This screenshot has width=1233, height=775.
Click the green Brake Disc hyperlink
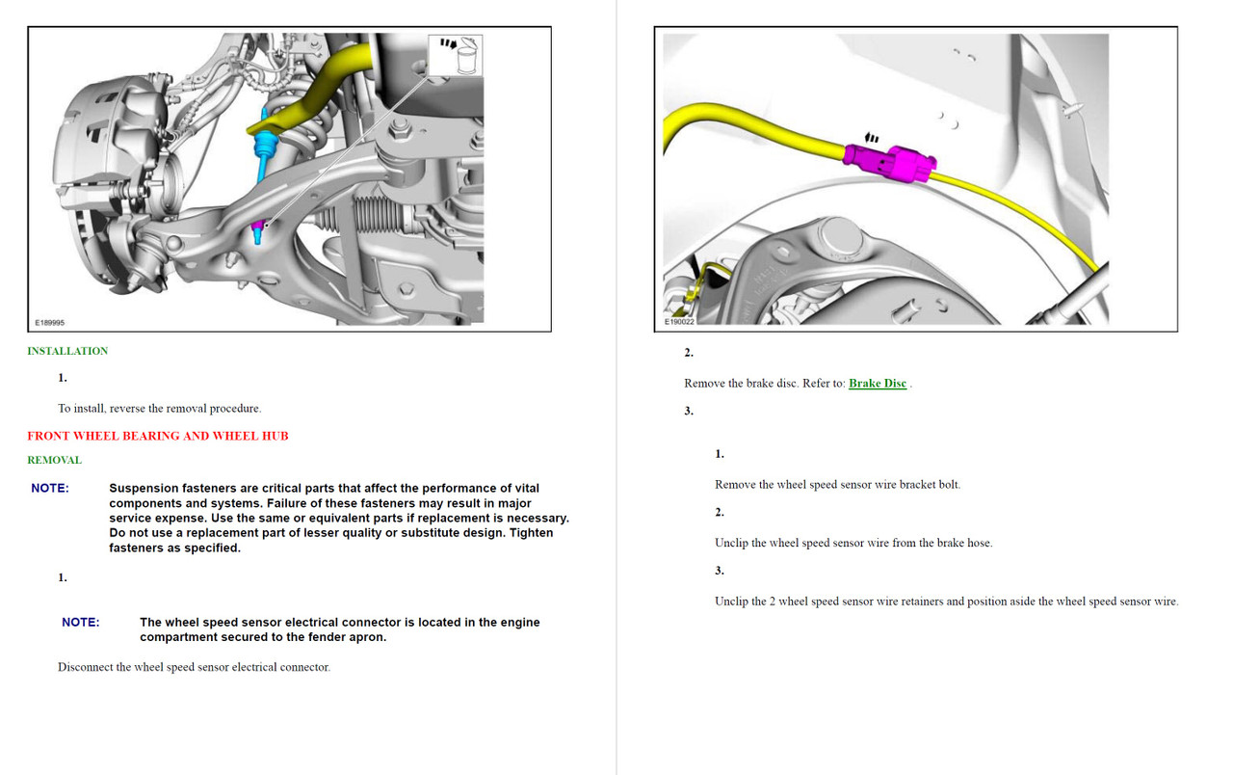coord(877,384)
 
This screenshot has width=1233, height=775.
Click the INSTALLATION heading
coord(67,351)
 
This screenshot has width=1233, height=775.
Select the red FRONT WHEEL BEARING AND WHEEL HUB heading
coord(157,436)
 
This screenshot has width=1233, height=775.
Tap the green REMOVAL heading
coord(54,460)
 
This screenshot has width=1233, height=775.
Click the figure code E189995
coord(50,323)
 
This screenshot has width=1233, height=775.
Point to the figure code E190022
coord(679,322)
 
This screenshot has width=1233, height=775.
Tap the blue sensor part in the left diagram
coord(263,145)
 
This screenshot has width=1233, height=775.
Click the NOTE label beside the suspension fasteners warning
coord(50,489)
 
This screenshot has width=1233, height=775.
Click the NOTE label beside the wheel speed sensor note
coord(81,623)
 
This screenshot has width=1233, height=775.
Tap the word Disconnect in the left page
coord(85,667)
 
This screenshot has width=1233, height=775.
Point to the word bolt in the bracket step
coord(948,485)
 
